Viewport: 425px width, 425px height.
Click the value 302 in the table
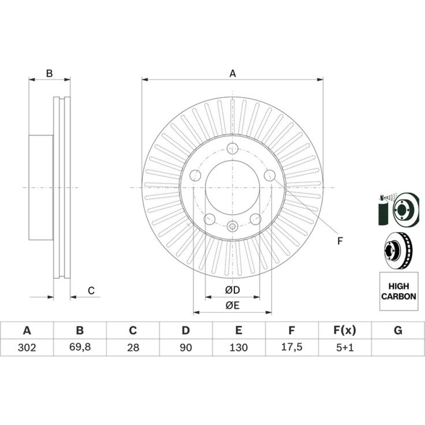click(27, 347)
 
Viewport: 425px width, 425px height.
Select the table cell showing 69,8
click(80, 347)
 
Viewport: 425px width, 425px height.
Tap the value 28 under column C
click(133, 347)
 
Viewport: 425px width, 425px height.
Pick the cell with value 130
click(239, 347)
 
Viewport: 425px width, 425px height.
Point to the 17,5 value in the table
click(292, 347)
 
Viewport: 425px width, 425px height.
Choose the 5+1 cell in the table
click(345, 347)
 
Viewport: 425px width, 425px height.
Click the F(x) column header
click(345, 330)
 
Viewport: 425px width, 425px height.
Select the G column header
click(398, 330)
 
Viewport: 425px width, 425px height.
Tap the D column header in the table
click(186, 330)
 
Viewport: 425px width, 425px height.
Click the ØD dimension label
click(232, 290)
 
